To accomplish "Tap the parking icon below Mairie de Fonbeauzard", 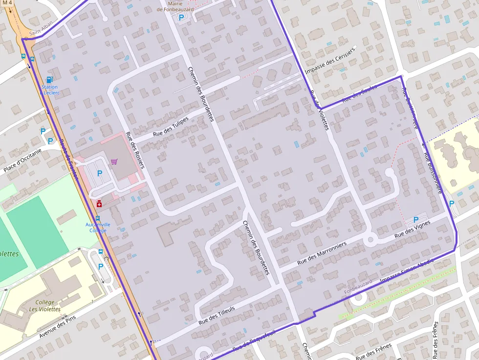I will (181, 18).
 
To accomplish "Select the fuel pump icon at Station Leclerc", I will (49, 80).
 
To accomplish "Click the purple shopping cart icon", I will (114, 162).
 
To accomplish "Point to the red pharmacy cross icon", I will (99, 203).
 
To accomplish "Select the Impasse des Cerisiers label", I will (330, 61).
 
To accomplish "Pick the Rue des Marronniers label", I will (322, 253).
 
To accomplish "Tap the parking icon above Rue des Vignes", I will (416, 220).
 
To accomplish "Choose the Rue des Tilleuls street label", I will (217, 316).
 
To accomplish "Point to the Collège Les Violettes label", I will (44, 306).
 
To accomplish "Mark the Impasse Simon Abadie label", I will (407, 271).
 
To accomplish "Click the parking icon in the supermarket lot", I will (100, 173).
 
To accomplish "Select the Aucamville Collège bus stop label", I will (98, 227).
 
